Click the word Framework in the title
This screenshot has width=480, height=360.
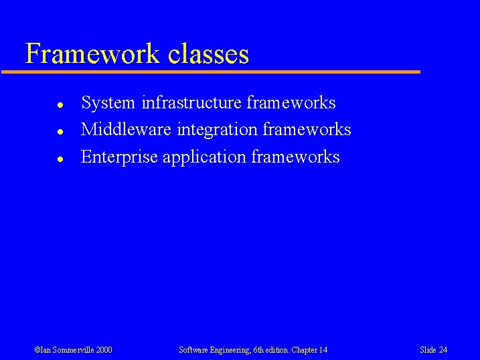pyautogui.click(x=92, y=54)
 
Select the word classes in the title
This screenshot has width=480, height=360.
pyautogui.click(x=208, y=54)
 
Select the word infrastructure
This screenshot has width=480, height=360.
pyautogui.click(x=191, y=103)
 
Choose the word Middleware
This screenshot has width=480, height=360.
pyautogui.click(x=127, y=129)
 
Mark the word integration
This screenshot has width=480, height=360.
pyautogui.click(x=218, y=130)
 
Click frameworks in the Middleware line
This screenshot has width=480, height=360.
pyautogui.click(x=307, y=129)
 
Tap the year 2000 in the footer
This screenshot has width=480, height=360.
pyautogui.click(x=104, y=350)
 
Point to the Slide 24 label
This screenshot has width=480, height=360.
pyautogui.click(x=433, y=350)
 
